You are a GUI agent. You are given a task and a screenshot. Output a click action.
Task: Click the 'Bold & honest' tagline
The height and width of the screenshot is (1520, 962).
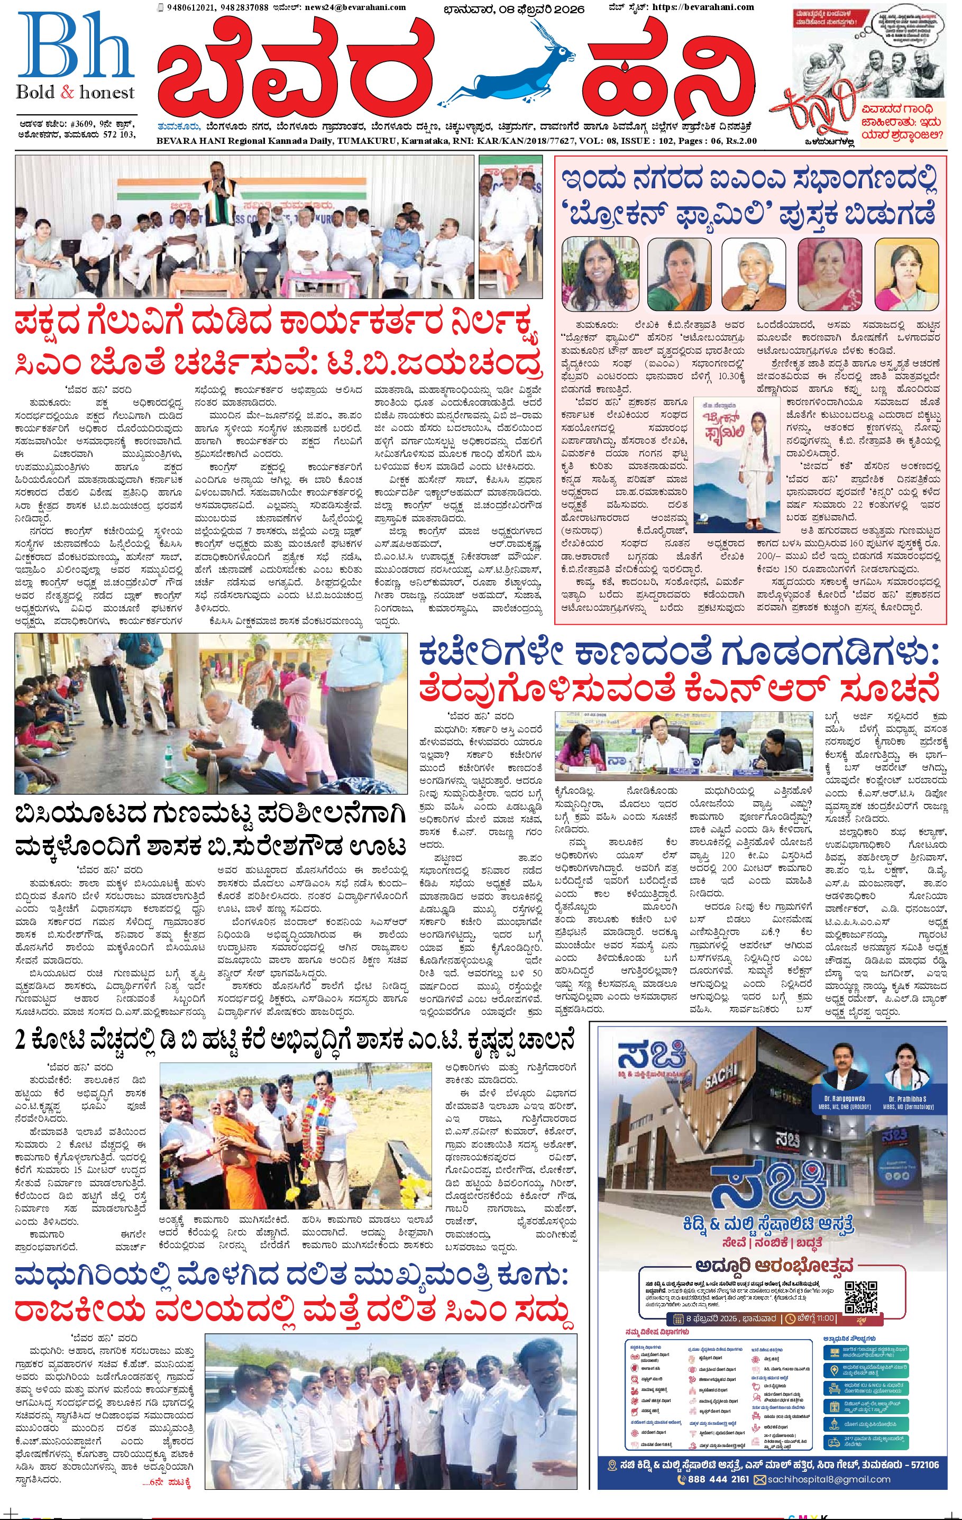pyautogui.click(x=76, y=93)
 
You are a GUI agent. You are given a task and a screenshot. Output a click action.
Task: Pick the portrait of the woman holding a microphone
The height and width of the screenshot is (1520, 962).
pyautogui.click(x=753, y=273)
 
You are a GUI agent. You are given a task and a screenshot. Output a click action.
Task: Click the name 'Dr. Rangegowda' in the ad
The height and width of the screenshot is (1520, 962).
pyautogui.click(x=844, y=1099)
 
